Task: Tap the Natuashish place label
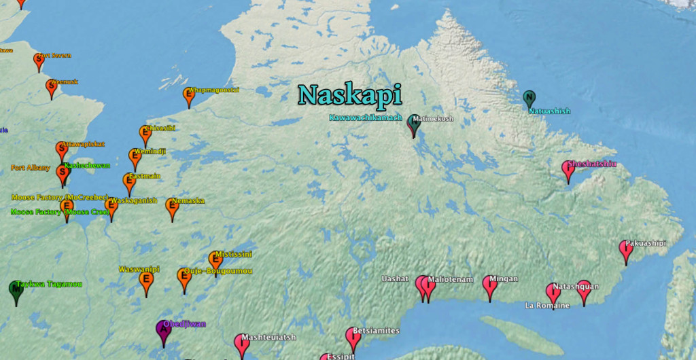[549, 111]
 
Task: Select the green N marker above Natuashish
[529, 98]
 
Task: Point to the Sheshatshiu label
[592, 164]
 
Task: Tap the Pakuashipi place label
[645, 243]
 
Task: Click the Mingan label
[504, 278]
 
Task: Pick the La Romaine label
[547, 306]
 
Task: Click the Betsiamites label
[376, 331]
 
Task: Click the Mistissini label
[233, 254]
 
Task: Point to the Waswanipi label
[139, 269]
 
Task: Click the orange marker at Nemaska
[172, 208]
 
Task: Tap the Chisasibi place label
[160, 128]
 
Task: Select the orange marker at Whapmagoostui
[189, 96]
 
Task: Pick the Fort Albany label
[31, 167]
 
